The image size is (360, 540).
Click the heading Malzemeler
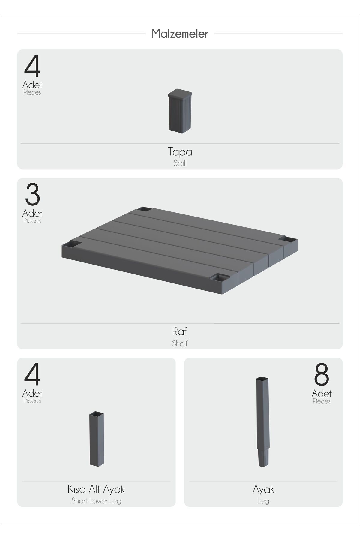coord(179,34)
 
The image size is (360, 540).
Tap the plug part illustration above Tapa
coord(180,111)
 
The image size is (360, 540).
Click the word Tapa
coord(180,152)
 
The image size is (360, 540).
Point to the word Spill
coord(180,163)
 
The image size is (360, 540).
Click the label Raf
coord(179,331)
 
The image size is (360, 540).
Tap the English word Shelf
coord(180,343)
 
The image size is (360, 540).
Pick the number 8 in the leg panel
coord(321,375)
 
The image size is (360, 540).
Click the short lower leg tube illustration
coord(97,439)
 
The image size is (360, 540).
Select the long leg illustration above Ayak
coord(263,422)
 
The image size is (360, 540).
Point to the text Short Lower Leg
coord(96,501)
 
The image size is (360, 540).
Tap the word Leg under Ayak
coord(263,501)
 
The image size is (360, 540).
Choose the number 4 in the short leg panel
coord(32,375)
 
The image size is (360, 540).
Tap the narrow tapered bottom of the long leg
coord(263,458)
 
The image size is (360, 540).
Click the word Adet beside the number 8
coord(321,393)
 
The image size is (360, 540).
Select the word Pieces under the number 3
coord(32,221)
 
